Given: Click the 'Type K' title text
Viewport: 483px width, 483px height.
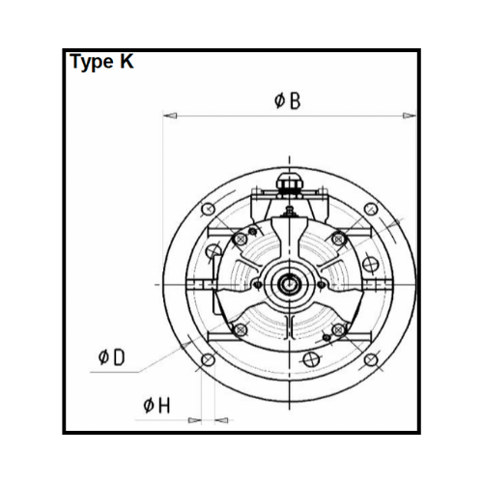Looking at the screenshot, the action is click(x=101, y=62).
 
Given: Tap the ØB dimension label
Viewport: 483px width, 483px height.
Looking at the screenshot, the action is click(x=288, y=100).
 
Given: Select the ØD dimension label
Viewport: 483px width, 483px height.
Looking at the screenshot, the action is click(x=111, y=357).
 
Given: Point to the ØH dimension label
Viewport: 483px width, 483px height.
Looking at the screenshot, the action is click(x=156, y=406).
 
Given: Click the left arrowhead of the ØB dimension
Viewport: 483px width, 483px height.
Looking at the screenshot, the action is click(x=170, y=115).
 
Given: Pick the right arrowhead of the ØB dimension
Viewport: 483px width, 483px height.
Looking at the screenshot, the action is click(x=410, y=115).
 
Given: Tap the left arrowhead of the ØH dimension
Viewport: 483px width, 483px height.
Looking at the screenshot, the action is click(x=194, y=420).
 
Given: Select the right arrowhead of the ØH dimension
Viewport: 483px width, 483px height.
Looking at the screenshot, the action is click(x=221, y=420).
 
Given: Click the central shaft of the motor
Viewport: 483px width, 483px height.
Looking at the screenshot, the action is click(x=289, y=284).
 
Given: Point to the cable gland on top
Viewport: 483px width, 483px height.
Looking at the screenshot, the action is click(x=290, y=185).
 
